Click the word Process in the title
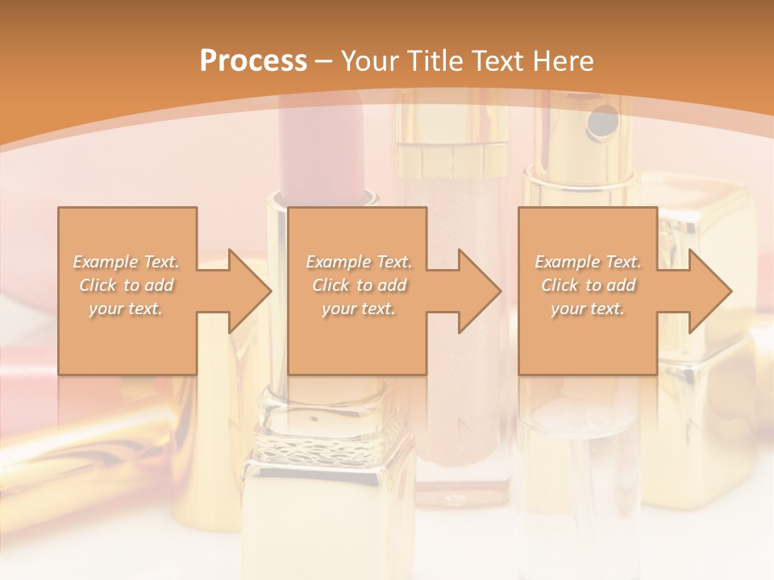(x=253, y=61)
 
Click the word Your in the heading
(x=369, y=61)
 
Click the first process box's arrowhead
(x=250, y=291)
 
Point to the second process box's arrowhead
(x=480, y=291)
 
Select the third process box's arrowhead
(x=709, y=291)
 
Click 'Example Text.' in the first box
(x=127, y=262)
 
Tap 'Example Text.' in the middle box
(x=359, y=262)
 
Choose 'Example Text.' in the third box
(x=588, y=262)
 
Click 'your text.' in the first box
(x=127, y=309)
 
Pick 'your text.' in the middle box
(x=359, y=309)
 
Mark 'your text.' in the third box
(x=588, y=309)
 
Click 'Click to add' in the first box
(x=127, y=285)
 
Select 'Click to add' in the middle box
(x=359, y=285)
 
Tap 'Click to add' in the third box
(x=588, y=285)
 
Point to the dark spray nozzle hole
(x=599, y=122)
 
